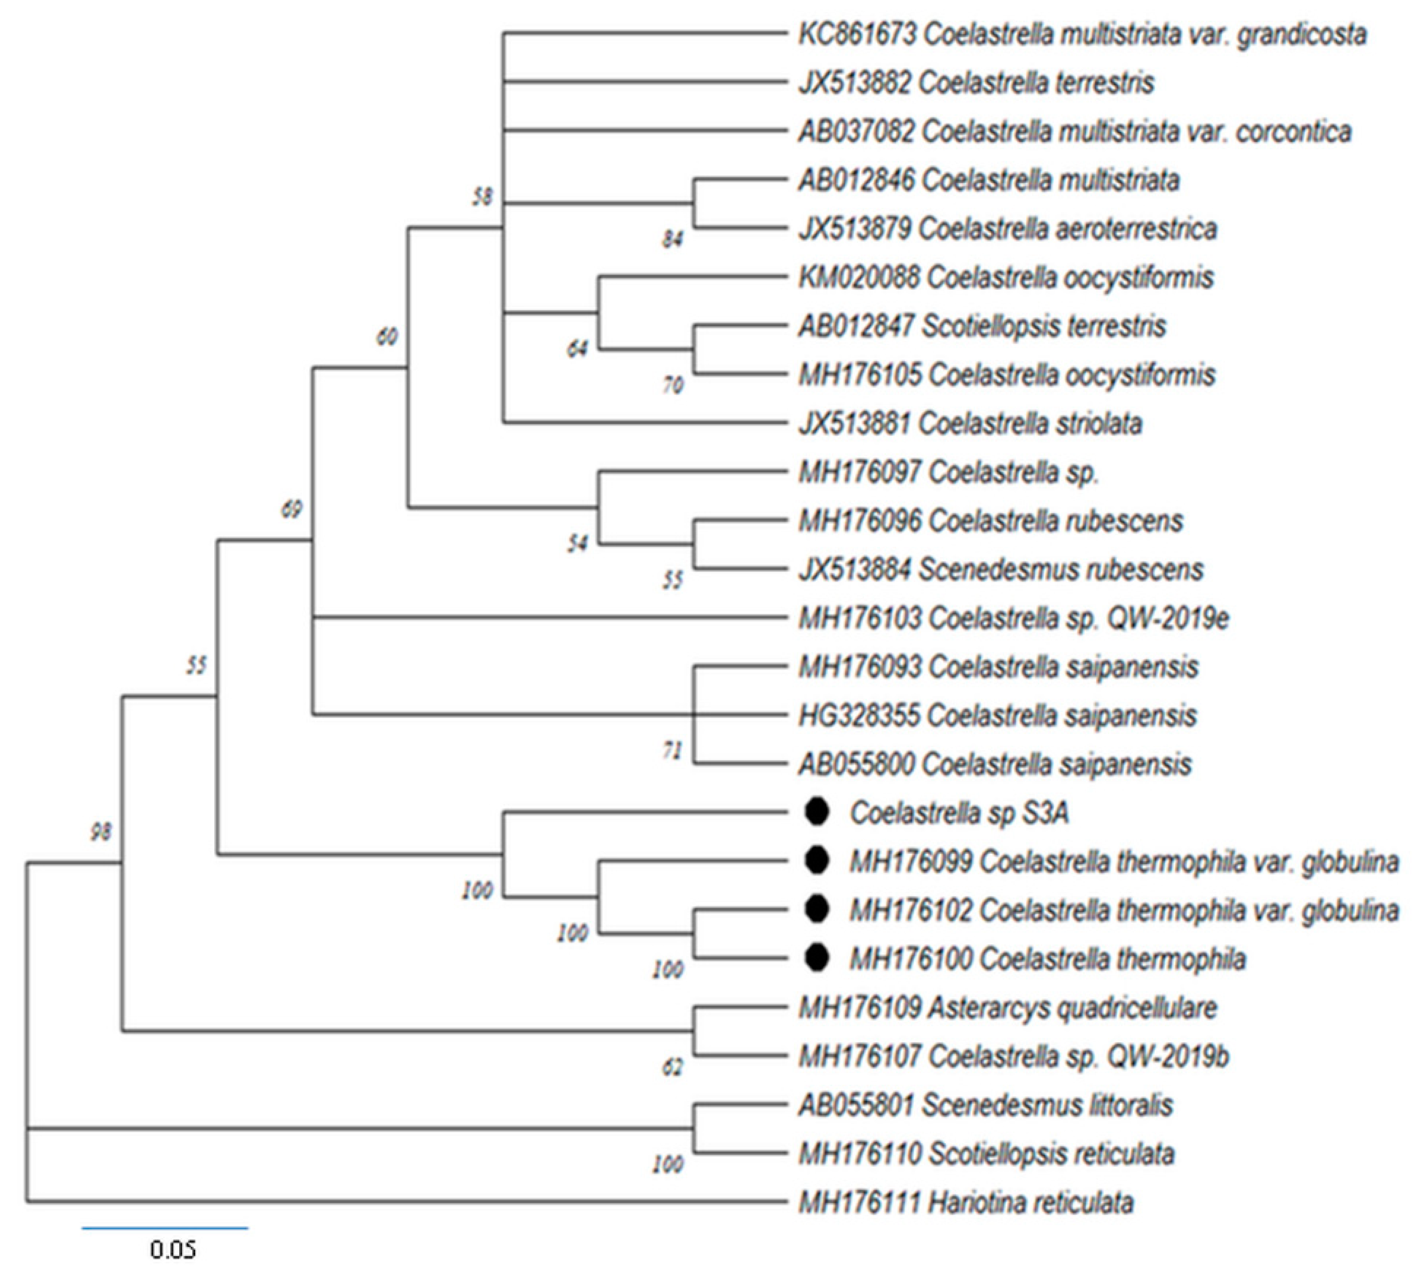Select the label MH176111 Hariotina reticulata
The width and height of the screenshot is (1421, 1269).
(966, 1202)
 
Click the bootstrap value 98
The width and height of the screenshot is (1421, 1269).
(100, 832)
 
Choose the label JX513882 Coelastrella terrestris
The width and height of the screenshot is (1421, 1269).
(976, 83)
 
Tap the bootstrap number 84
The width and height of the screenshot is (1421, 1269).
(673, 239)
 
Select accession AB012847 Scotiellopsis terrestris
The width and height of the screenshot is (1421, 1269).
(982, 326)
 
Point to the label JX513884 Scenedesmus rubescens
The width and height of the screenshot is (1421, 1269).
(1001, 570)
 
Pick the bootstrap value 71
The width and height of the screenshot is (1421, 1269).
(671, 751)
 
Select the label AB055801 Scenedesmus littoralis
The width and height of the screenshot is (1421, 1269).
(985, 1104)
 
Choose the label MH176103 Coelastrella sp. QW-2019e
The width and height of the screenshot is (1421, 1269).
(1013, 618)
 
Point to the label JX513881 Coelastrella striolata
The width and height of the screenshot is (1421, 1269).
(970, 423)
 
